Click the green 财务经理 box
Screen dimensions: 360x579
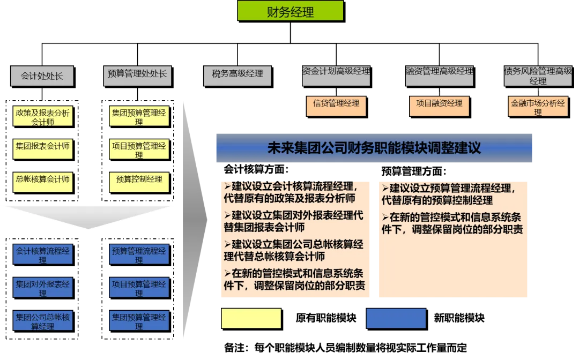point(290,11)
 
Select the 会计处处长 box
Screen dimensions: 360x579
point(42,76)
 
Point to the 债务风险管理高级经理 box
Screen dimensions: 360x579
point(538,76)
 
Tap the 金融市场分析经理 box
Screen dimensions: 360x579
point(538,107)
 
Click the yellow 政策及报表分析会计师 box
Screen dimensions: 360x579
point(43,117)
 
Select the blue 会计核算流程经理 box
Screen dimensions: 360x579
point(43,254)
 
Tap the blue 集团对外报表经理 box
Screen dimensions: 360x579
point(43,287)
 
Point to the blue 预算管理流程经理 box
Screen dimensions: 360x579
point(139,254)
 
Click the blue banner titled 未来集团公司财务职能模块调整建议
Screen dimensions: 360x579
point(375,148)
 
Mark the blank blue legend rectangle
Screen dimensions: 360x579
point(396,318)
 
